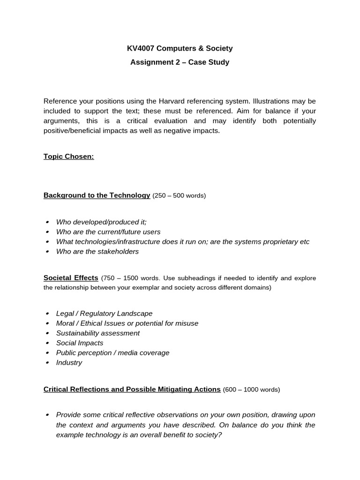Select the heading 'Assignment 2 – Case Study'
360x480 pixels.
pyautogui.click(x=180, y=62)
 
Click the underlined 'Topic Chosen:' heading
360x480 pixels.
pyautogui.click(x=69, y=157)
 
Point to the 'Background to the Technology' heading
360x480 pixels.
pyautogui.click(x=97, y=195)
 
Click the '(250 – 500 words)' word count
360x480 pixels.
pyautogui.click(x=179, y=195)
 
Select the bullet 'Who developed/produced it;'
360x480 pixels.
pyautogui.click(x=101, y=222)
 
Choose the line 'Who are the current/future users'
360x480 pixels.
pyautogui.click(x=108, y=232)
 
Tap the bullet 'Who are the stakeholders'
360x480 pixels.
pyautogui.click(x=97, y=252)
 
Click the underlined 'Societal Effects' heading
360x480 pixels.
pyautogui.click(x=71, y=278)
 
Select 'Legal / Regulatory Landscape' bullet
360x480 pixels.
pyautogui.click(x=104, y=314)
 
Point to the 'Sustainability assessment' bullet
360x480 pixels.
pyautogui.click(x=98, y=333)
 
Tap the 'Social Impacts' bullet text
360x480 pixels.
pyautogui.click(x=80, y=343)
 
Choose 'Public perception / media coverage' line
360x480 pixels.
pyautogui.click(x=112, y=353)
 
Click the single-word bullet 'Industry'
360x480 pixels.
pyautogui.click(x=69, y=363)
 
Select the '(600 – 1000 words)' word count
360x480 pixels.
pyautogui.click(x=251, y=390)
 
